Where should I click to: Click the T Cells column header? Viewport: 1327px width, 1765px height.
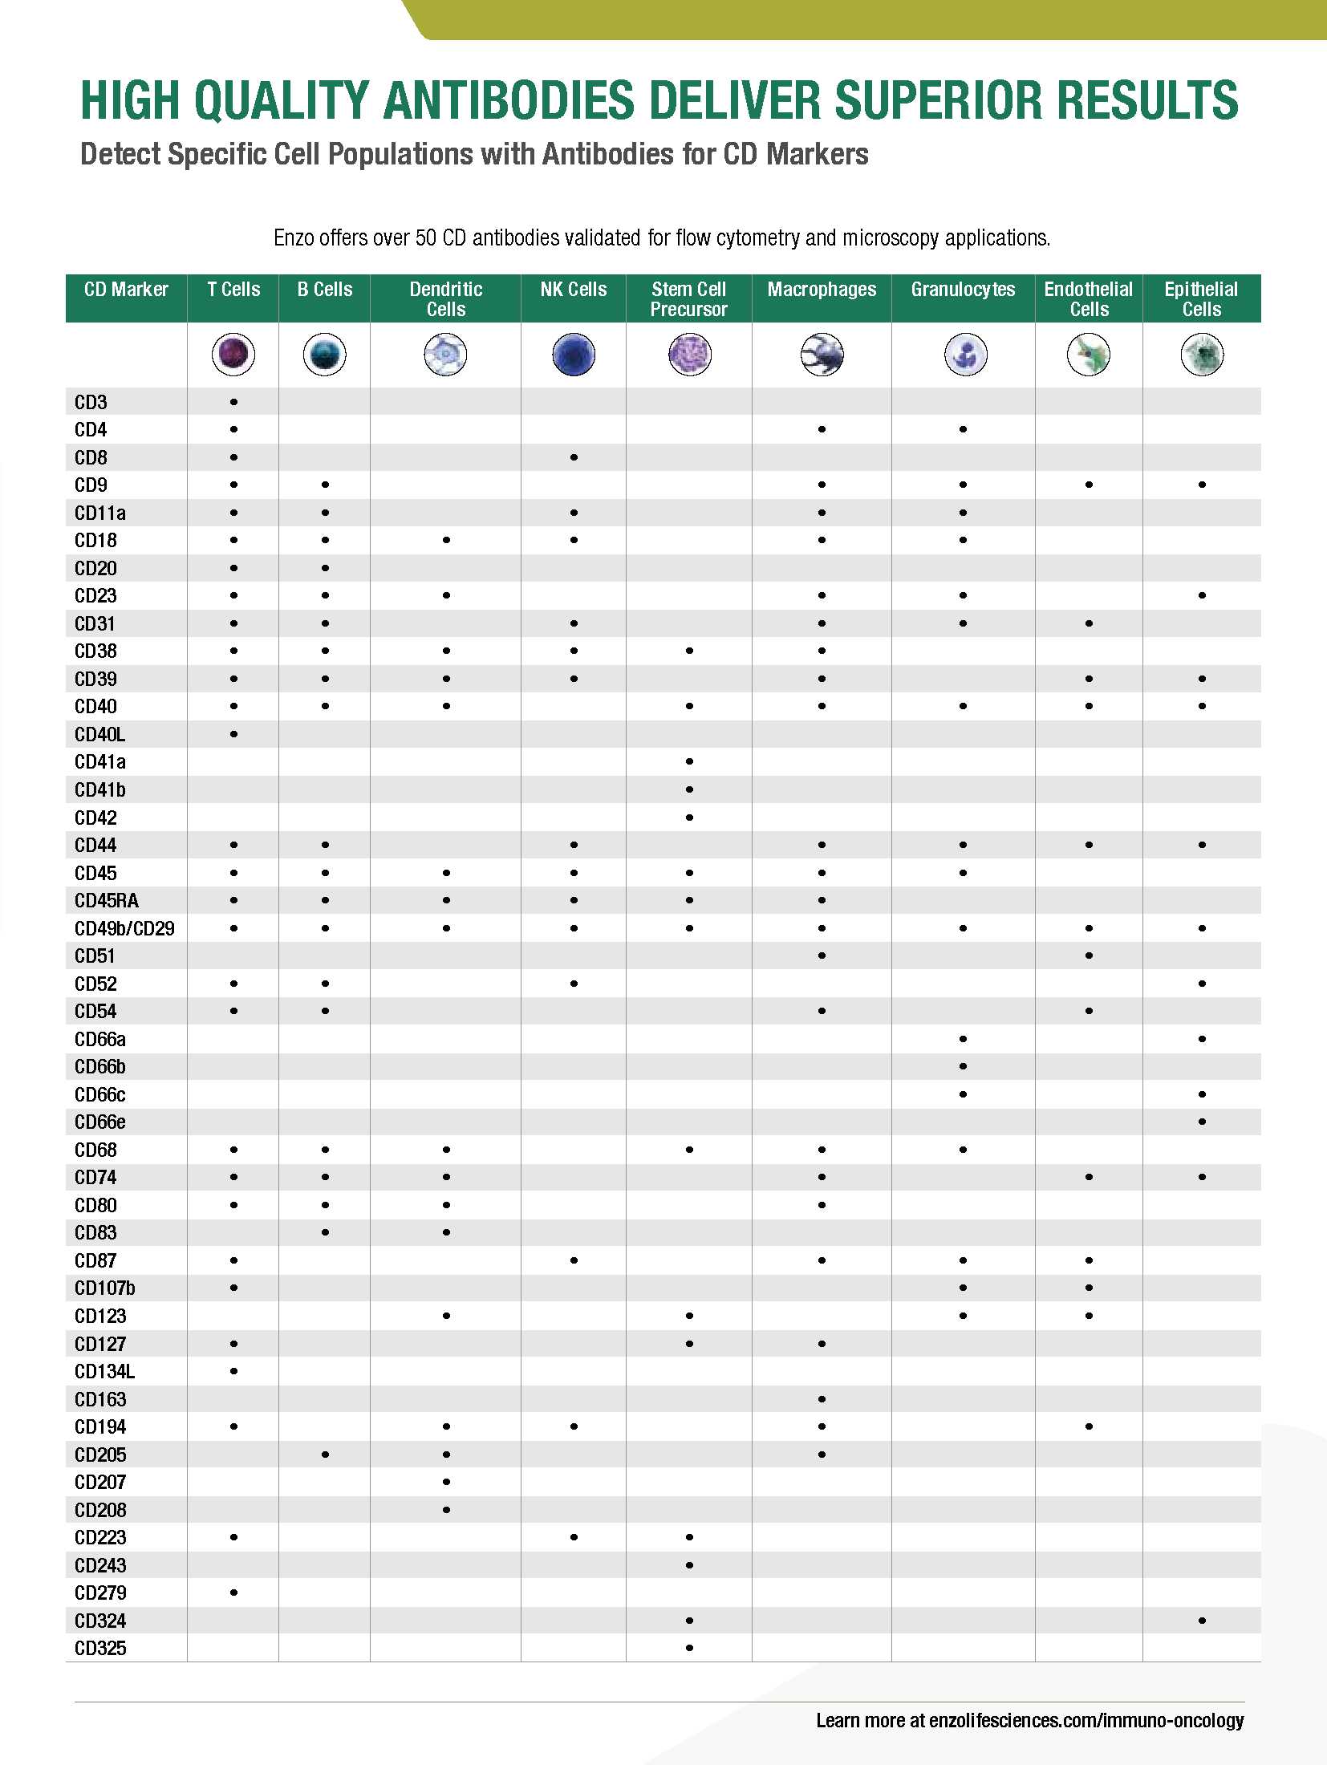pos(233,290)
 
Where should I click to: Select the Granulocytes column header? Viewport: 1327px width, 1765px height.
pos(963,290)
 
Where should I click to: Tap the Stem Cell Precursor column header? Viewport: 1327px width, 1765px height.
pos(688,299)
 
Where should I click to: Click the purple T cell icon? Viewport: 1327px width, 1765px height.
pos(233,355)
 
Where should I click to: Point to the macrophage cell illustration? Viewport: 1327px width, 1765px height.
pos(822,355)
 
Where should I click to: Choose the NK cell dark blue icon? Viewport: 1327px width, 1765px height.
pos(574,355)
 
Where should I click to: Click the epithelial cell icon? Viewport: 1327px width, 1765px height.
pos(1202,355)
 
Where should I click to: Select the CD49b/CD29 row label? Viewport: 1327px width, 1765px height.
pos(124,928)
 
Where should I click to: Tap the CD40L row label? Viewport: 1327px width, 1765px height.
pos(100,734)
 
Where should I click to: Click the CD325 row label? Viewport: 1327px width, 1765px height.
pos(100,1648)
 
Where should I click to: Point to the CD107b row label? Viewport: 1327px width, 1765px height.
pos(105,1288)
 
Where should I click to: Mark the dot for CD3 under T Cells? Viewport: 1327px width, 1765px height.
pos(233,402)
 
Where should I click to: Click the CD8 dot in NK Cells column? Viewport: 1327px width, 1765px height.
pos(574,457)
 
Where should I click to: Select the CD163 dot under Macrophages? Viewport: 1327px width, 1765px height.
pos(822,1399)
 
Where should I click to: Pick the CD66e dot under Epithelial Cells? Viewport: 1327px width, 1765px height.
pos(1202,1122)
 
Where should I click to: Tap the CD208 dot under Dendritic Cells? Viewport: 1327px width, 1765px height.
pos(446,1510)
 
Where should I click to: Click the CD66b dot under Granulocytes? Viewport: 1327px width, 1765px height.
pos(963,1066)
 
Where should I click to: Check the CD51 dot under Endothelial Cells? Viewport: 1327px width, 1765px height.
pos(1089,956)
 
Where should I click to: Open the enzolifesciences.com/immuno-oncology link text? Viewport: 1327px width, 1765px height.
pos(1086,1720)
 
